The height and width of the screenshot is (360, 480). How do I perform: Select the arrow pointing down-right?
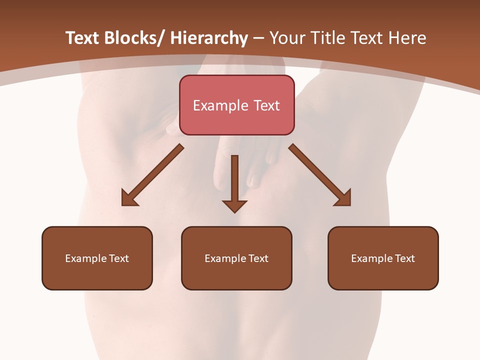coord(319,174)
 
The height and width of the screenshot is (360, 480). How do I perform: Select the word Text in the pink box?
coord(266,105)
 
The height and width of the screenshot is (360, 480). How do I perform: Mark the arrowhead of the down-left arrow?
coord(129,198)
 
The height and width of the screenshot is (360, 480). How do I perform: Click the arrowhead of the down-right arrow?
coord(343,198)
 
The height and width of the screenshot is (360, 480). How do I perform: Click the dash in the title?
coord(258,38)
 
